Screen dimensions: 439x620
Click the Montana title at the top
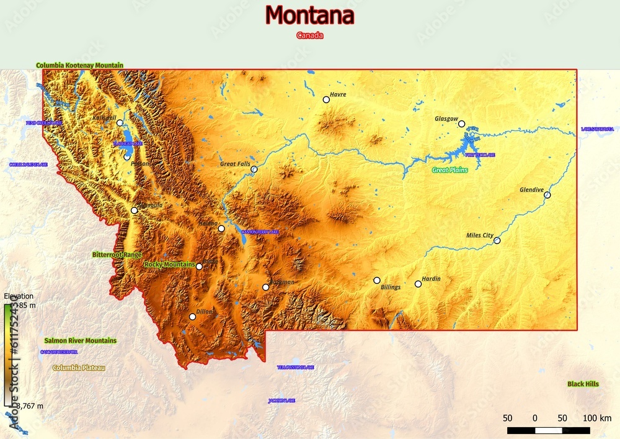click(309, 15)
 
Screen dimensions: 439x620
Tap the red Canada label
click(309, 35)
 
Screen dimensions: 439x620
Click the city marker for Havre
click(326, 99)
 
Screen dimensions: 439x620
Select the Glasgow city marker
click(461, 124)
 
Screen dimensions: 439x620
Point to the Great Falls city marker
click(254, 169)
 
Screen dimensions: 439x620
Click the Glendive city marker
click(547, 195)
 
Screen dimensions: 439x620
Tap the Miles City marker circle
click(497, 240)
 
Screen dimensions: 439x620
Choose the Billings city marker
click(376, 280)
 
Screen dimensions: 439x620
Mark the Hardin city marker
click(418, 284)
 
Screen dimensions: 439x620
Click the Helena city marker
click(221, 229)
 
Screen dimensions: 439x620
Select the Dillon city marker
click(192, 317)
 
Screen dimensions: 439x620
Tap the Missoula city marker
click(134, 210)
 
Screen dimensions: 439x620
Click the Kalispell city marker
click(120, 123)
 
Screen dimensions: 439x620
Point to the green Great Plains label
click(449, 170)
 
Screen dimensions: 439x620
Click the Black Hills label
click(583, 384)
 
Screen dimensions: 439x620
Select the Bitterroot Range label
click(117, 255)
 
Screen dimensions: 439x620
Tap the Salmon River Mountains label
click(80, 341)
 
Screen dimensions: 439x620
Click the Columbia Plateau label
click(79, 368)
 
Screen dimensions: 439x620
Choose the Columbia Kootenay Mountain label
click(79, 65)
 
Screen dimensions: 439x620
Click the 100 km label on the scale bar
click(597, 418)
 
